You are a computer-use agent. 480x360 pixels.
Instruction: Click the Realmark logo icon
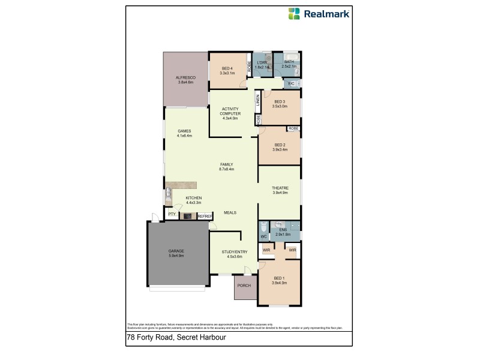[294, 13]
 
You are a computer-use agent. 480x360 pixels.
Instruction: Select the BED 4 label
[227, 68]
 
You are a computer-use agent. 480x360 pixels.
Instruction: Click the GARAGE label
[176, 251]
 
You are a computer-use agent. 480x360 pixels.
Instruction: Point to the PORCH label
[244, 286]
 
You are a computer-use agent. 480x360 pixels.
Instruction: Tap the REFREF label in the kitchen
[205, 216]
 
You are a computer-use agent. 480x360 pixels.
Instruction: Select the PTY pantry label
[172, 214]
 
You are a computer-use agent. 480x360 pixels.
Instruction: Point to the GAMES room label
[184, 131]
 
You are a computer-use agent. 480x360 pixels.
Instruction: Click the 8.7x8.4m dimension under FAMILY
[227, 169]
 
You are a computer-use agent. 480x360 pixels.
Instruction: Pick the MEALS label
[230, 212]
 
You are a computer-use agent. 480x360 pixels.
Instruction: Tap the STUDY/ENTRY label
[231, 252]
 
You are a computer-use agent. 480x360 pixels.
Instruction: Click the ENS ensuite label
[283, 229]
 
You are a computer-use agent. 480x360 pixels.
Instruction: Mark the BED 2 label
[280, 145]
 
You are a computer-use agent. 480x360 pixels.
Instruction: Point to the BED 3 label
[280, 101]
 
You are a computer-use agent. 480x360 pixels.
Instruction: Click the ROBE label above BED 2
[293, 128]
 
